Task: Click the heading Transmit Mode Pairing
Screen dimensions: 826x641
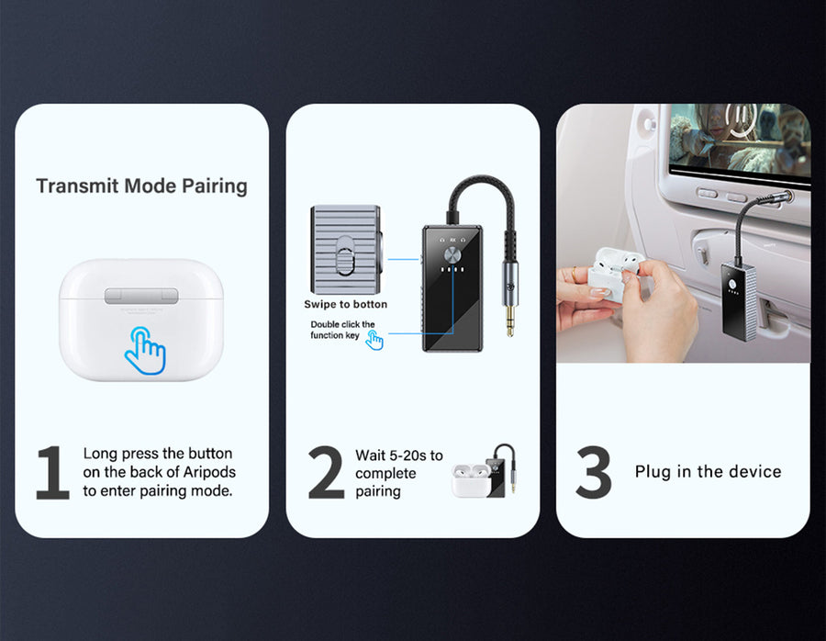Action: click(x=141, y=186)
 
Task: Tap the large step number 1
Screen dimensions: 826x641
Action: click(x=52, y=473)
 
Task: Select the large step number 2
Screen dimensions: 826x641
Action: click(x=326, y=473)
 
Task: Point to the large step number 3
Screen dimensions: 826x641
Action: click(x=594, y=473)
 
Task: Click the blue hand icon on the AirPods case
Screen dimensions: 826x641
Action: click(x=145, y=351)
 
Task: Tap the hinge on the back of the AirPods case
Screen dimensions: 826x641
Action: click(x=140, y=296)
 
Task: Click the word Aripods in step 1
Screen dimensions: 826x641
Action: click(x=209, y=472)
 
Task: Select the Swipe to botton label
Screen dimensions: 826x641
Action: click(x=346, y=304)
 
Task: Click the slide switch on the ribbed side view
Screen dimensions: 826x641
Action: click(x=345, y=255)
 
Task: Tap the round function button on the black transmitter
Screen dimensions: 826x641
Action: click(x=452, y=255)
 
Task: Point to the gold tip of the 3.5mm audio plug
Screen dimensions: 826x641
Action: click(x=509, y=320)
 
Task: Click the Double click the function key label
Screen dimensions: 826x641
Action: click(x=342, y=330)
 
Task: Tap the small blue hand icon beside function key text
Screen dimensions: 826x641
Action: click(x=374, y=340)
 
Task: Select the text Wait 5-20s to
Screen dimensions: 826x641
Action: click(x=399, y=455)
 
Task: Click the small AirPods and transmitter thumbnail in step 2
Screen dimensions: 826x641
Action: click(x=484, y=471)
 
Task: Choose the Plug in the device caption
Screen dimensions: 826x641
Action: click(x=708, y=471)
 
